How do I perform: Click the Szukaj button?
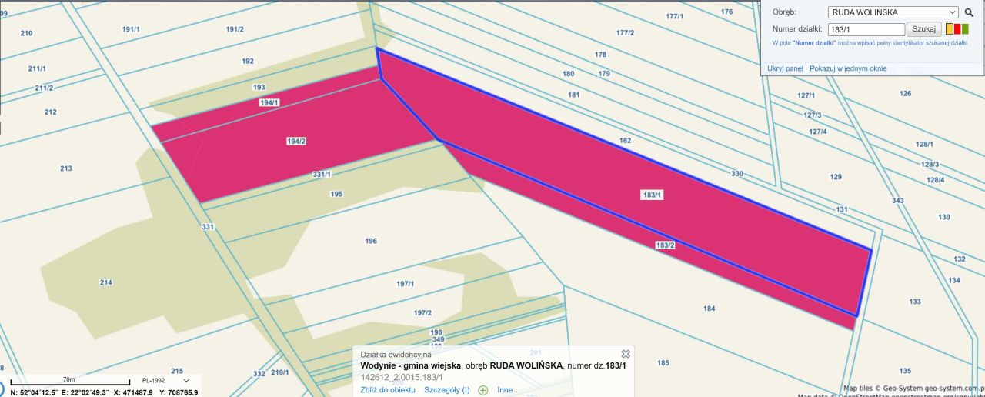(x=923, y=29)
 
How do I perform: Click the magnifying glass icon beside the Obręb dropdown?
(x=969, y=12)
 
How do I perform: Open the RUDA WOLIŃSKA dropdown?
(x=893, y=12)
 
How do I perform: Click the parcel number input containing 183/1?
(x=865, y=29)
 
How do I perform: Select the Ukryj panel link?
(x=785, y=68)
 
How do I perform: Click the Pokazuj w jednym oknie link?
(x=848, y=68)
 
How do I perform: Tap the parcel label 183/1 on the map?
(x=651, y=195)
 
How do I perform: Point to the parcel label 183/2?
(x=665, y=245)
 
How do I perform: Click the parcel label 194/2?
(x=296, y=141)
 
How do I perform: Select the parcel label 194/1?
(x=269, y=102)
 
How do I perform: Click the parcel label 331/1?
(x=322, y=175)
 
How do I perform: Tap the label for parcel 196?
(x=371, y=241)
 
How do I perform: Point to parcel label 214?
(x=106, y=282)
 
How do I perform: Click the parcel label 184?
(x=709, y=309)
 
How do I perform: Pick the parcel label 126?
(x=905, y=94)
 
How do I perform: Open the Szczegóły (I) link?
(x=446, y=390)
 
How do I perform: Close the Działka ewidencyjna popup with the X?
(x=626, y=354)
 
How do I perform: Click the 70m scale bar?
(x=69, y=382)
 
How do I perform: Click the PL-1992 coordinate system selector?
(x=165, y=381)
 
